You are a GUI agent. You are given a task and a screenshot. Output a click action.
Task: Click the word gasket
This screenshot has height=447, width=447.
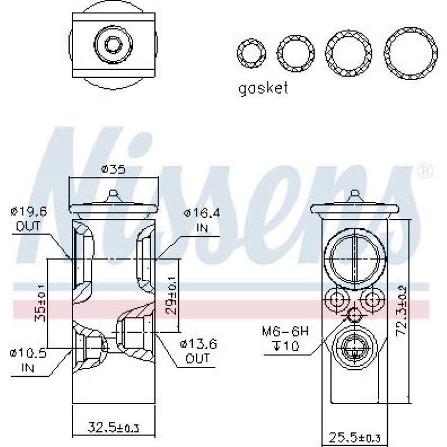click(263, 88)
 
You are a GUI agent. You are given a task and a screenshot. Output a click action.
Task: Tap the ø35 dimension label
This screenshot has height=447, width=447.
click(113, 170)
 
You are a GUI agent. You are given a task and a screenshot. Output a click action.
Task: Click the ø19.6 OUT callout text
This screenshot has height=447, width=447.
click(28, 219)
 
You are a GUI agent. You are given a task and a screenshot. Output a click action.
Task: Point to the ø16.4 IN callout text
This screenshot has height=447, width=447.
click(202, 220)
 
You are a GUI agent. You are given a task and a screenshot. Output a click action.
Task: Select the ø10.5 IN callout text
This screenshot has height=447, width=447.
click(28, 361)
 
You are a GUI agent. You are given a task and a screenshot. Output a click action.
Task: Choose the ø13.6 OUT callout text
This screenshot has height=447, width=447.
click(198, 351)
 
